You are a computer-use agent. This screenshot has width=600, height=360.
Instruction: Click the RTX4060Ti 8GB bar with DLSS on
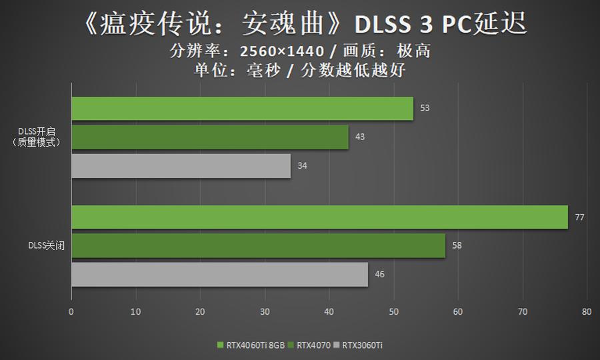click(242, 108)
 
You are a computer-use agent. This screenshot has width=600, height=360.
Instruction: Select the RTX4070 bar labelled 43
click(210, 137)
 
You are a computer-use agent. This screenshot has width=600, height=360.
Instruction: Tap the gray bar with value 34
click(181, 165)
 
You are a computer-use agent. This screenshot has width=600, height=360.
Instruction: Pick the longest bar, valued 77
click(319, 217)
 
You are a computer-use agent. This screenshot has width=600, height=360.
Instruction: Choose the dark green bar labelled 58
click(258, 245)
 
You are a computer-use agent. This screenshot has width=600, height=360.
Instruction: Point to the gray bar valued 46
click(219, 274)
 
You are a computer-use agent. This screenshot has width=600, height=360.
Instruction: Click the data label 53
click(425, 108)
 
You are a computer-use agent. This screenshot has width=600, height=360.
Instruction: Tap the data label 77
click(580, 217)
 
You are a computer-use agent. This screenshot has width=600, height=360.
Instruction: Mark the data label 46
click(379, 274)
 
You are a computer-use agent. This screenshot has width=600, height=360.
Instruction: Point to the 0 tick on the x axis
click(71, 311)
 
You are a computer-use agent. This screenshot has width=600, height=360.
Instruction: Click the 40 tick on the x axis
click(329, 311)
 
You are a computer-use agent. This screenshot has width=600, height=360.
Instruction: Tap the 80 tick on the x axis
click(587, 311)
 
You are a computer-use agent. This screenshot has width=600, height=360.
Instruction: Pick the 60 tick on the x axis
click(458, 311)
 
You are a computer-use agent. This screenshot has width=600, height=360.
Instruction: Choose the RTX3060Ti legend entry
click(362, 345)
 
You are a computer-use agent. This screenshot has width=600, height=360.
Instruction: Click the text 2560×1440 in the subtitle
click(284, 51)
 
